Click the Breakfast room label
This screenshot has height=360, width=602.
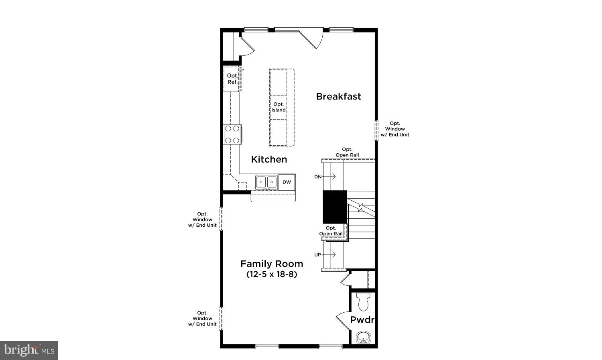tap(338, 96)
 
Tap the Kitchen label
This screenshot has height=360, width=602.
tap(269, 159)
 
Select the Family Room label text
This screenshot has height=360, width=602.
tap(272, 264)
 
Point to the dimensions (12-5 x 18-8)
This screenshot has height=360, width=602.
tap(272, 275)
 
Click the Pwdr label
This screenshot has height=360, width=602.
tap(362, 320)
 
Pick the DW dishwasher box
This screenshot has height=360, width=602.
tap(287, 182)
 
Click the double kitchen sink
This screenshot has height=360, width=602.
tap(266, 182)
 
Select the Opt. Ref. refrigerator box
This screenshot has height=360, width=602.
tap(232, 79)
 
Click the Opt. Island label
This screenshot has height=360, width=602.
tap(279, 107)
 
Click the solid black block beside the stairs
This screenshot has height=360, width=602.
tap(335, 207)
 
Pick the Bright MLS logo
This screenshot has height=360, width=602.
tap(29, 350)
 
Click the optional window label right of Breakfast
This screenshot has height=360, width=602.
tap(395, 129)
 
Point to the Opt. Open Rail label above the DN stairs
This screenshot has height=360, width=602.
tap(347, 152)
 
